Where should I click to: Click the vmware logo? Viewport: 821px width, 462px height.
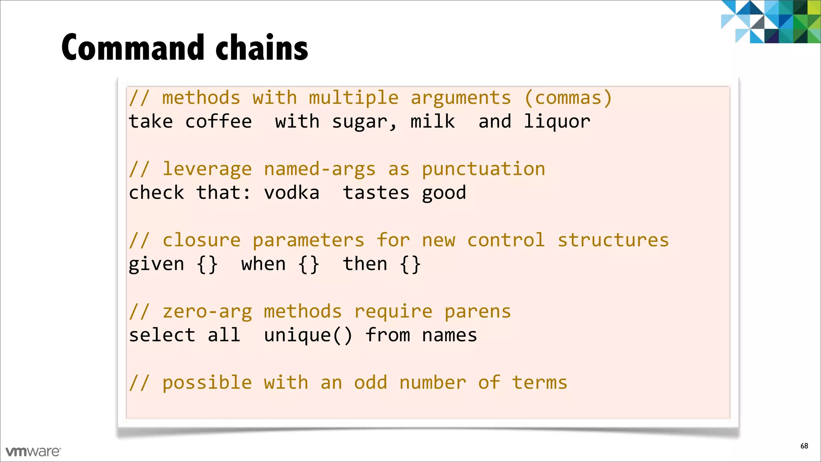[33, 452]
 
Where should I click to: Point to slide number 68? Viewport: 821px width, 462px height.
[804, 446]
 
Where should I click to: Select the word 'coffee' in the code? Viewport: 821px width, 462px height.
[218, 122]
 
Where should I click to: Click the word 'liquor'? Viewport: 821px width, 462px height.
[557, 122]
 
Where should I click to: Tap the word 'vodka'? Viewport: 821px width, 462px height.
[291, 193]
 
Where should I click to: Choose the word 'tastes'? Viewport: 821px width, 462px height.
[376, 193]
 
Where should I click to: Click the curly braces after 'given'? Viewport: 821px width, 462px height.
[207, 264]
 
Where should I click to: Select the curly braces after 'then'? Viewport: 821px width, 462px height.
[410, 264]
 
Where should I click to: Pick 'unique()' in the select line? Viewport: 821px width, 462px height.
[308, 335]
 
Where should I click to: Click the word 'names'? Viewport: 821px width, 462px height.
[449, 335]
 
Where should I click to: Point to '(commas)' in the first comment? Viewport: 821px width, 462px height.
[568, 98]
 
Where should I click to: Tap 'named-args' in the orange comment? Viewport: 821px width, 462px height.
[320, 169]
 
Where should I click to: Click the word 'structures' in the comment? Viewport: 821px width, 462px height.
[613, 240]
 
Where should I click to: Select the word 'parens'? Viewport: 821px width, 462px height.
[477, 312]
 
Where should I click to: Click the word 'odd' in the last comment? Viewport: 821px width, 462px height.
[370, 383]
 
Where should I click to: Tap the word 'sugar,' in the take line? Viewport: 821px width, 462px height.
[364, 122]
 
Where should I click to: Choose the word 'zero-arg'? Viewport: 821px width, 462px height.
[207, 312]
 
